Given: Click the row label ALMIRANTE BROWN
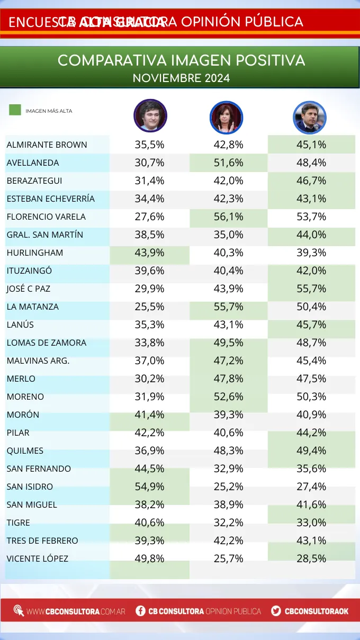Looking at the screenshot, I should coord(47,145).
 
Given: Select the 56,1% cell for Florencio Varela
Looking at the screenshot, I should coord(228,217).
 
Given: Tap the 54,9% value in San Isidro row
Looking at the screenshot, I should coord(150,486).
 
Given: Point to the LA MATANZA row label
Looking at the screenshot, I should coord(32,307).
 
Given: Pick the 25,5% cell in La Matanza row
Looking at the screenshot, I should coord(150,307).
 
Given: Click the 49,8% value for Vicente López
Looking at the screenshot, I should coord(150,558).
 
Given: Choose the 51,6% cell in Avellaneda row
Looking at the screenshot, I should coord(228,163).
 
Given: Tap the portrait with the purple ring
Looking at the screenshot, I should coord(150,116).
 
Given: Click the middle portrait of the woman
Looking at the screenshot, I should coord(226,117).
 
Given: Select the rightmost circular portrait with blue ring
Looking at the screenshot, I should coord(310,118).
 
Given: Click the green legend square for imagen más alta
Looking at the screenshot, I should coord(15,110).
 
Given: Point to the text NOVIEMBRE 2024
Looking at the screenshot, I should coord(181,78).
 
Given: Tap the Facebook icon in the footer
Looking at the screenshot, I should coord(140,611).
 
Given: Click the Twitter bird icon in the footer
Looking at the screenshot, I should coord(276,611).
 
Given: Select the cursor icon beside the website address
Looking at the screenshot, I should coord(19,611).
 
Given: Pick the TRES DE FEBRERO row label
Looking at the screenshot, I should coord(42,540).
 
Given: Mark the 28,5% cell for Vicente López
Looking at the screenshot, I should coord(311,558).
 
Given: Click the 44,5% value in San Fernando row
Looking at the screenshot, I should coord(150,468).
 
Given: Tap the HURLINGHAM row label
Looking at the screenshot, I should coord(35,253).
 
